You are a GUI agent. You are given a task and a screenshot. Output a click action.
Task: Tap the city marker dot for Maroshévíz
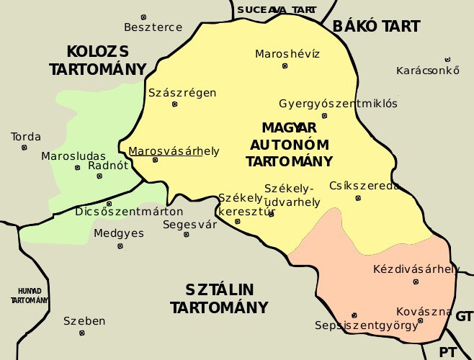(285, 66)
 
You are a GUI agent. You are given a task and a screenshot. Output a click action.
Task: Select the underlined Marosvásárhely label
(174, 151)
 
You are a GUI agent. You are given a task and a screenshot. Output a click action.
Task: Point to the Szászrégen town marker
(174, 104)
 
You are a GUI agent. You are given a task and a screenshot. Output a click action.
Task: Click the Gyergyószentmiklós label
(338, 103)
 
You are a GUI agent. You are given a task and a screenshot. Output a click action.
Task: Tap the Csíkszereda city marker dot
(358, 198)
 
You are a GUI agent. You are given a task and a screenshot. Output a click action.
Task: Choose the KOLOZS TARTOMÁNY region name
(97, 60)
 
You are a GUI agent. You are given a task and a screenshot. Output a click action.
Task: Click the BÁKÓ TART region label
(376, 27)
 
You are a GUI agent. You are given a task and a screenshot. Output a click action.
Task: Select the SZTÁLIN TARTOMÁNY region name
(219, 299)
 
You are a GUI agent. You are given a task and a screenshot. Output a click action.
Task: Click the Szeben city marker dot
(82, 333)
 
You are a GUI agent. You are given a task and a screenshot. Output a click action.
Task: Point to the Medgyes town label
(119, 233)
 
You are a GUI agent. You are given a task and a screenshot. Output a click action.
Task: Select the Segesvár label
(190, 224)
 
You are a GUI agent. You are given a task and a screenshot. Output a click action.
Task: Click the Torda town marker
(24, 148)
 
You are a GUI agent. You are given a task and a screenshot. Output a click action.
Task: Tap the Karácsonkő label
(428, 71)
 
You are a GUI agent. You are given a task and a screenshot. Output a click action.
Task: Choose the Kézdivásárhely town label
(416, 269)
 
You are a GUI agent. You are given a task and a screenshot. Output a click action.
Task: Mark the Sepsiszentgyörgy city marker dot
(354, 315)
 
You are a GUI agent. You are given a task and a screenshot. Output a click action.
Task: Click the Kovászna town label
(424, 311)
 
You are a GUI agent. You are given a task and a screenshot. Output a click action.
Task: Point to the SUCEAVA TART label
(276, 9)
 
